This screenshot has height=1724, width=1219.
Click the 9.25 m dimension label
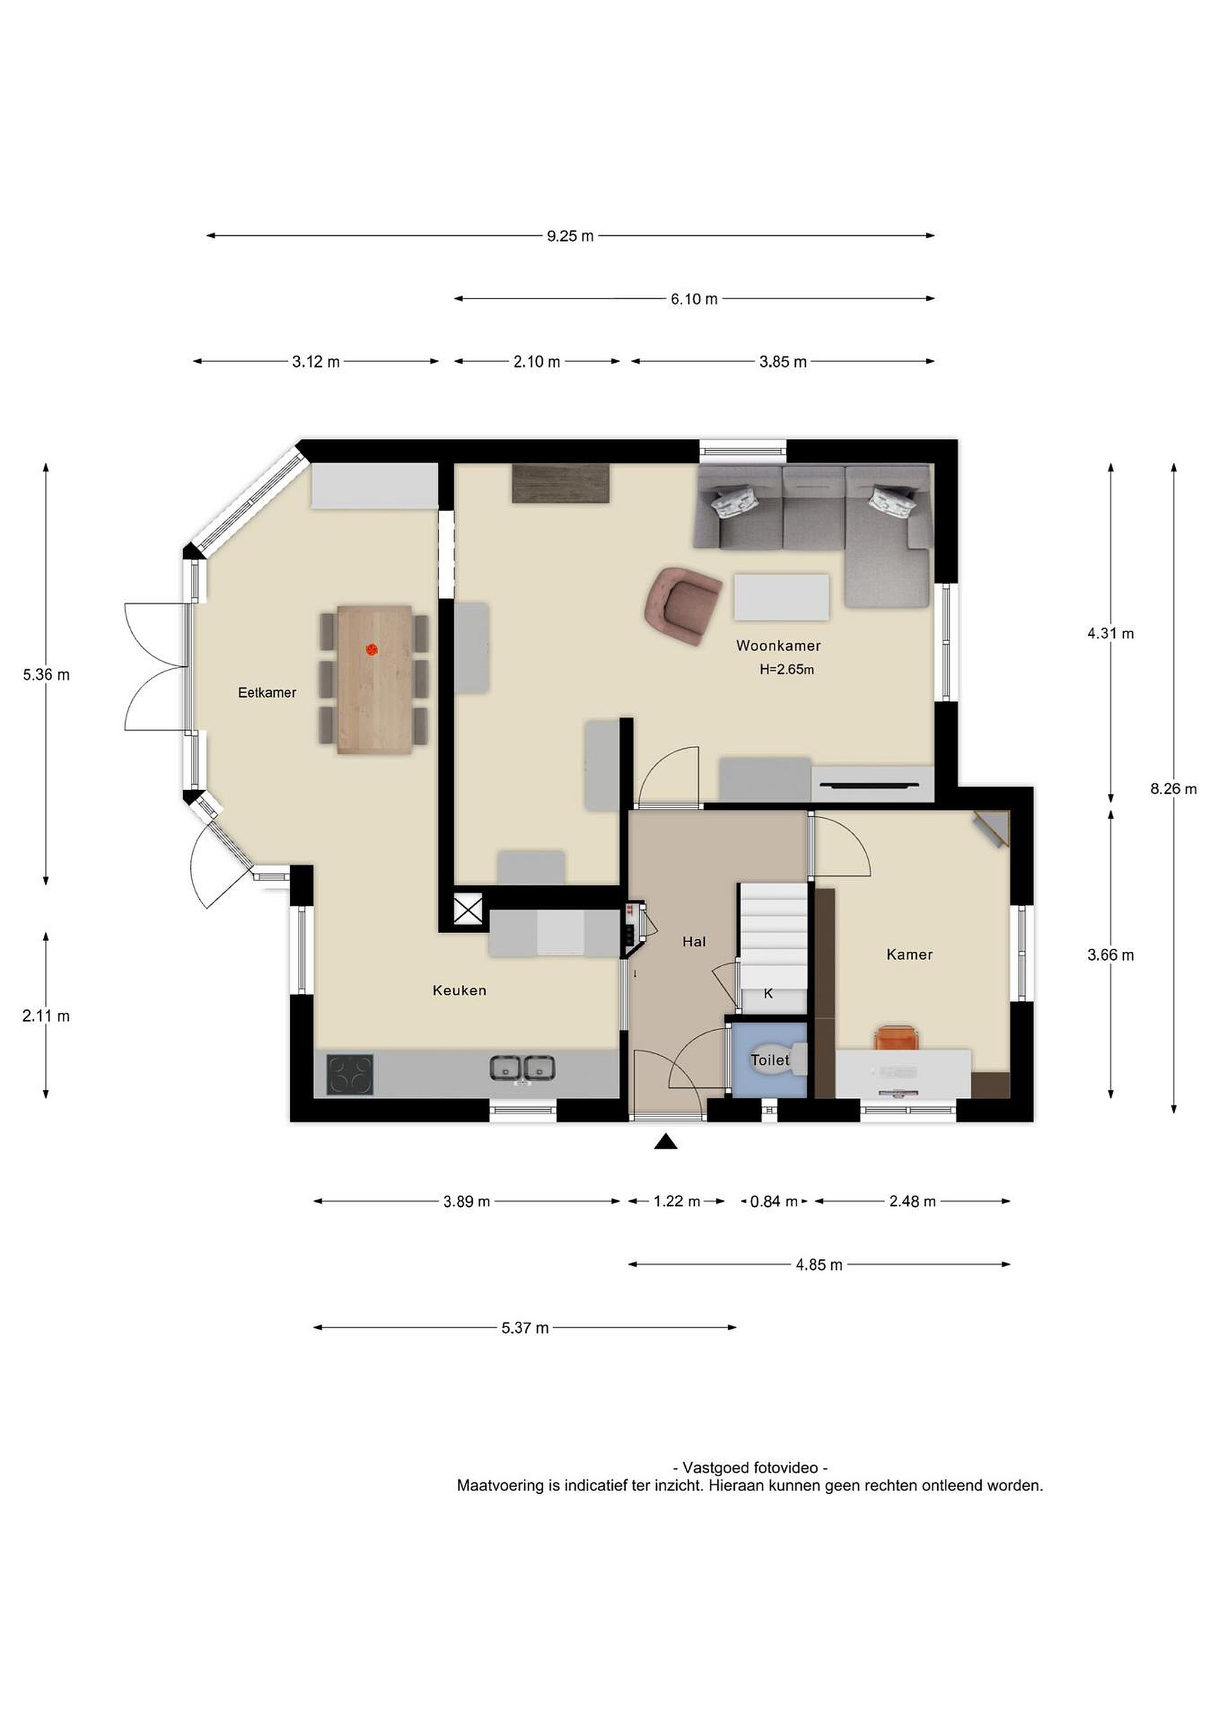(x=570, y=236)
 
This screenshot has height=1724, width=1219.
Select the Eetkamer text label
(x=267, y=693)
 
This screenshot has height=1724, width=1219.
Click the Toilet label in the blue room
(x=770, y=1060)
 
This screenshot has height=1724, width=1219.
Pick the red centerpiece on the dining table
(x=372, y=648)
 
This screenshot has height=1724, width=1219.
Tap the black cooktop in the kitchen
(x=350, y=1075)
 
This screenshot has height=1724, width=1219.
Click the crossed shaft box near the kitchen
(x=469, y=912)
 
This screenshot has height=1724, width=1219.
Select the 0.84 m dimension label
(x=774, y=1201)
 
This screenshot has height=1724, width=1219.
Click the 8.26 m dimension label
(x=1173, y=788)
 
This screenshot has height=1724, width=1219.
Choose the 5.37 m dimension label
(x=525, y=1328)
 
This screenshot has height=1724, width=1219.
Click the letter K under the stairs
(x=768, y=994)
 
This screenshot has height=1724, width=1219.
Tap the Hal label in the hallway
(x=694, y=941)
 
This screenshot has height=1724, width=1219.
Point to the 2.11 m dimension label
(x=46, y=1016)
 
